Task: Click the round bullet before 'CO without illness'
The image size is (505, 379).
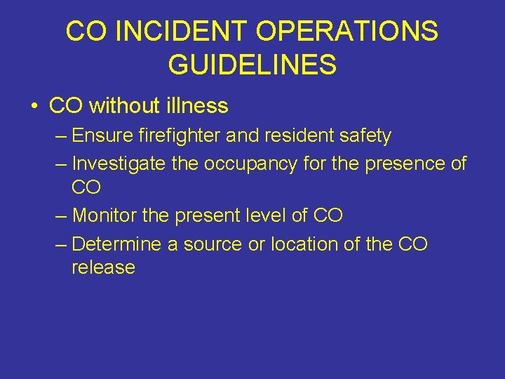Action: [34, 107]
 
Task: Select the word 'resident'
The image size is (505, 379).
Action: [289, 135]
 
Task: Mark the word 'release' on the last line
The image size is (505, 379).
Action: [103, 267]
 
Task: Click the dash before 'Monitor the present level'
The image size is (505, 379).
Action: [61, 215]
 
